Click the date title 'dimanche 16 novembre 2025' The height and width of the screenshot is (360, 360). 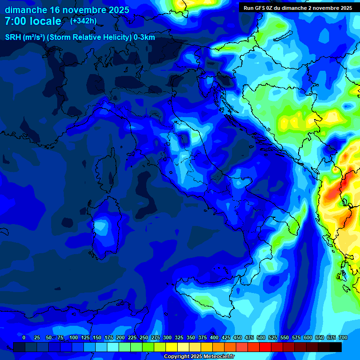67,9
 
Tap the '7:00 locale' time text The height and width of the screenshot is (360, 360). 33,21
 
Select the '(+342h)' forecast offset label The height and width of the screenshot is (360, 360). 83,21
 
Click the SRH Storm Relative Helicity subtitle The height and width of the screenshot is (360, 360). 80,37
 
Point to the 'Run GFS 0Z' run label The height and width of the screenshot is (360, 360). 258,8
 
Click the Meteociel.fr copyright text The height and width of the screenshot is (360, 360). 199,357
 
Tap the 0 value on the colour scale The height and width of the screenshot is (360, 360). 24,338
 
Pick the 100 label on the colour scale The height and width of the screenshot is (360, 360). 74,338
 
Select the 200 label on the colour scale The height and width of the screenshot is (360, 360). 120,338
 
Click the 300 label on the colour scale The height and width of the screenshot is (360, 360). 167,338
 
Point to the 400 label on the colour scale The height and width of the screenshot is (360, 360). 214,338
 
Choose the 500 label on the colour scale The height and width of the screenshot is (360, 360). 261,338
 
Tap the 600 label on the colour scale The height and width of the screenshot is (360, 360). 308,338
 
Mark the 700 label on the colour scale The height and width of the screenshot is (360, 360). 343,338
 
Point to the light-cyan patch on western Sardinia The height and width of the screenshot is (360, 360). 100,226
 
